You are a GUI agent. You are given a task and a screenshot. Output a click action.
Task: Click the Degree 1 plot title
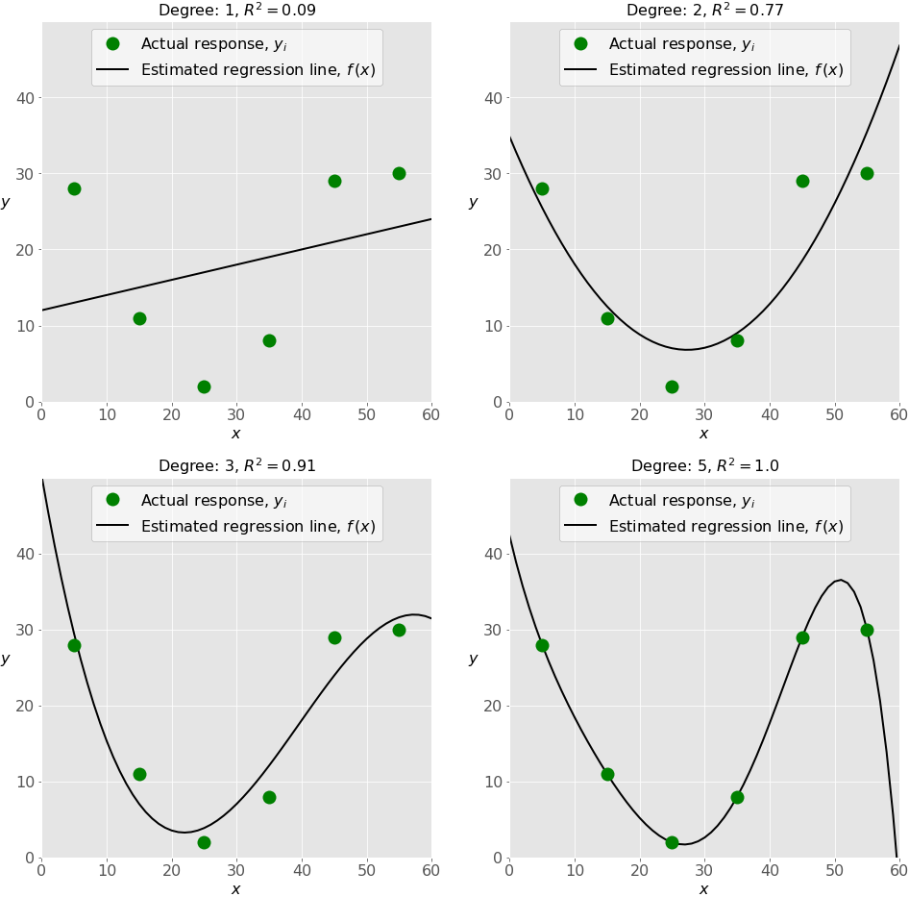tap(236, 11)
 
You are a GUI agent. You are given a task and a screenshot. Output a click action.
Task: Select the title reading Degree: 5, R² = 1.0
tap(704, 466)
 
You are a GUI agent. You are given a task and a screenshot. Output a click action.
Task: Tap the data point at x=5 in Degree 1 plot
tap(74, 188)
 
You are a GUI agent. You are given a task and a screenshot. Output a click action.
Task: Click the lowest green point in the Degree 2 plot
tap(672, 386)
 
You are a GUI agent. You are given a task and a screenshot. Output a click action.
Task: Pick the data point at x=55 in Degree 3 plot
tap(399, 630)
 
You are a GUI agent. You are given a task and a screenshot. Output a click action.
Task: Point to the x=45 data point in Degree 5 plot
tap(802, 637)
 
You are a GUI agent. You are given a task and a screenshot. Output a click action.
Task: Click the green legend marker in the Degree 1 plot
tap(112, 44)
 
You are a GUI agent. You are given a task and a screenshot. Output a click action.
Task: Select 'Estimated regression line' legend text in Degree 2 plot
tap(725, 70)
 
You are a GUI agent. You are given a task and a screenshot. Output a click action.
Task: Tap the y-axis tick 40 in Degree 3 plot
tap(25, 554)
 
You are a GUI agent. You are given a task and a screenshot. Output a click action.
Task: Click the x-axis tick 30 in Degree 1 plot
tap(236, 412)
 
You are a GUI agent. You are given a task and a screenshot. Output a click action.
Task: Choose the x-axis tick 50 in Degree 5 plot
tap(834, 868)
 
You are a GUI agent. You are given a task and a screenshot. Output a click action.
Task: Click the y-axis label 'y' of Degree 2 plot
tap(473, 202)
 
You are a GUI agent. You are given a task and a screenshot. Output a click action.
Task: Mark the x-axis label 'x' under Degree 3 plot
tap(236, 889)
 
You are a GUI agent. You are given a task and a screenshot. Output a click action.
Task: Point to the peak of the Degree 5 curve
tap(840, 580)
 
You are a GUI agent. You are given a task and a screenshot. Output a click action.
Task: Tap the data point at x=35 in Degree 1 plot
tap(269, 340)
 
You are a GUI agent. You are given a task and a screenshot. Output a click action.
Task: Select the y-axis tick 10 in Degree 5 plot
tap(493, 782)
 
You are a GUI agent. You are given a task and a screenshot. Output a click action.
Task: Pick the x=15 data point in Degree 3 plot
tap(139, 774)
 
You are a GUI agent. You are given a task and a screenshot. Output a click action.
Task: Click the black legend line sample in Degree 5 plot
tap(580, 527)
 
